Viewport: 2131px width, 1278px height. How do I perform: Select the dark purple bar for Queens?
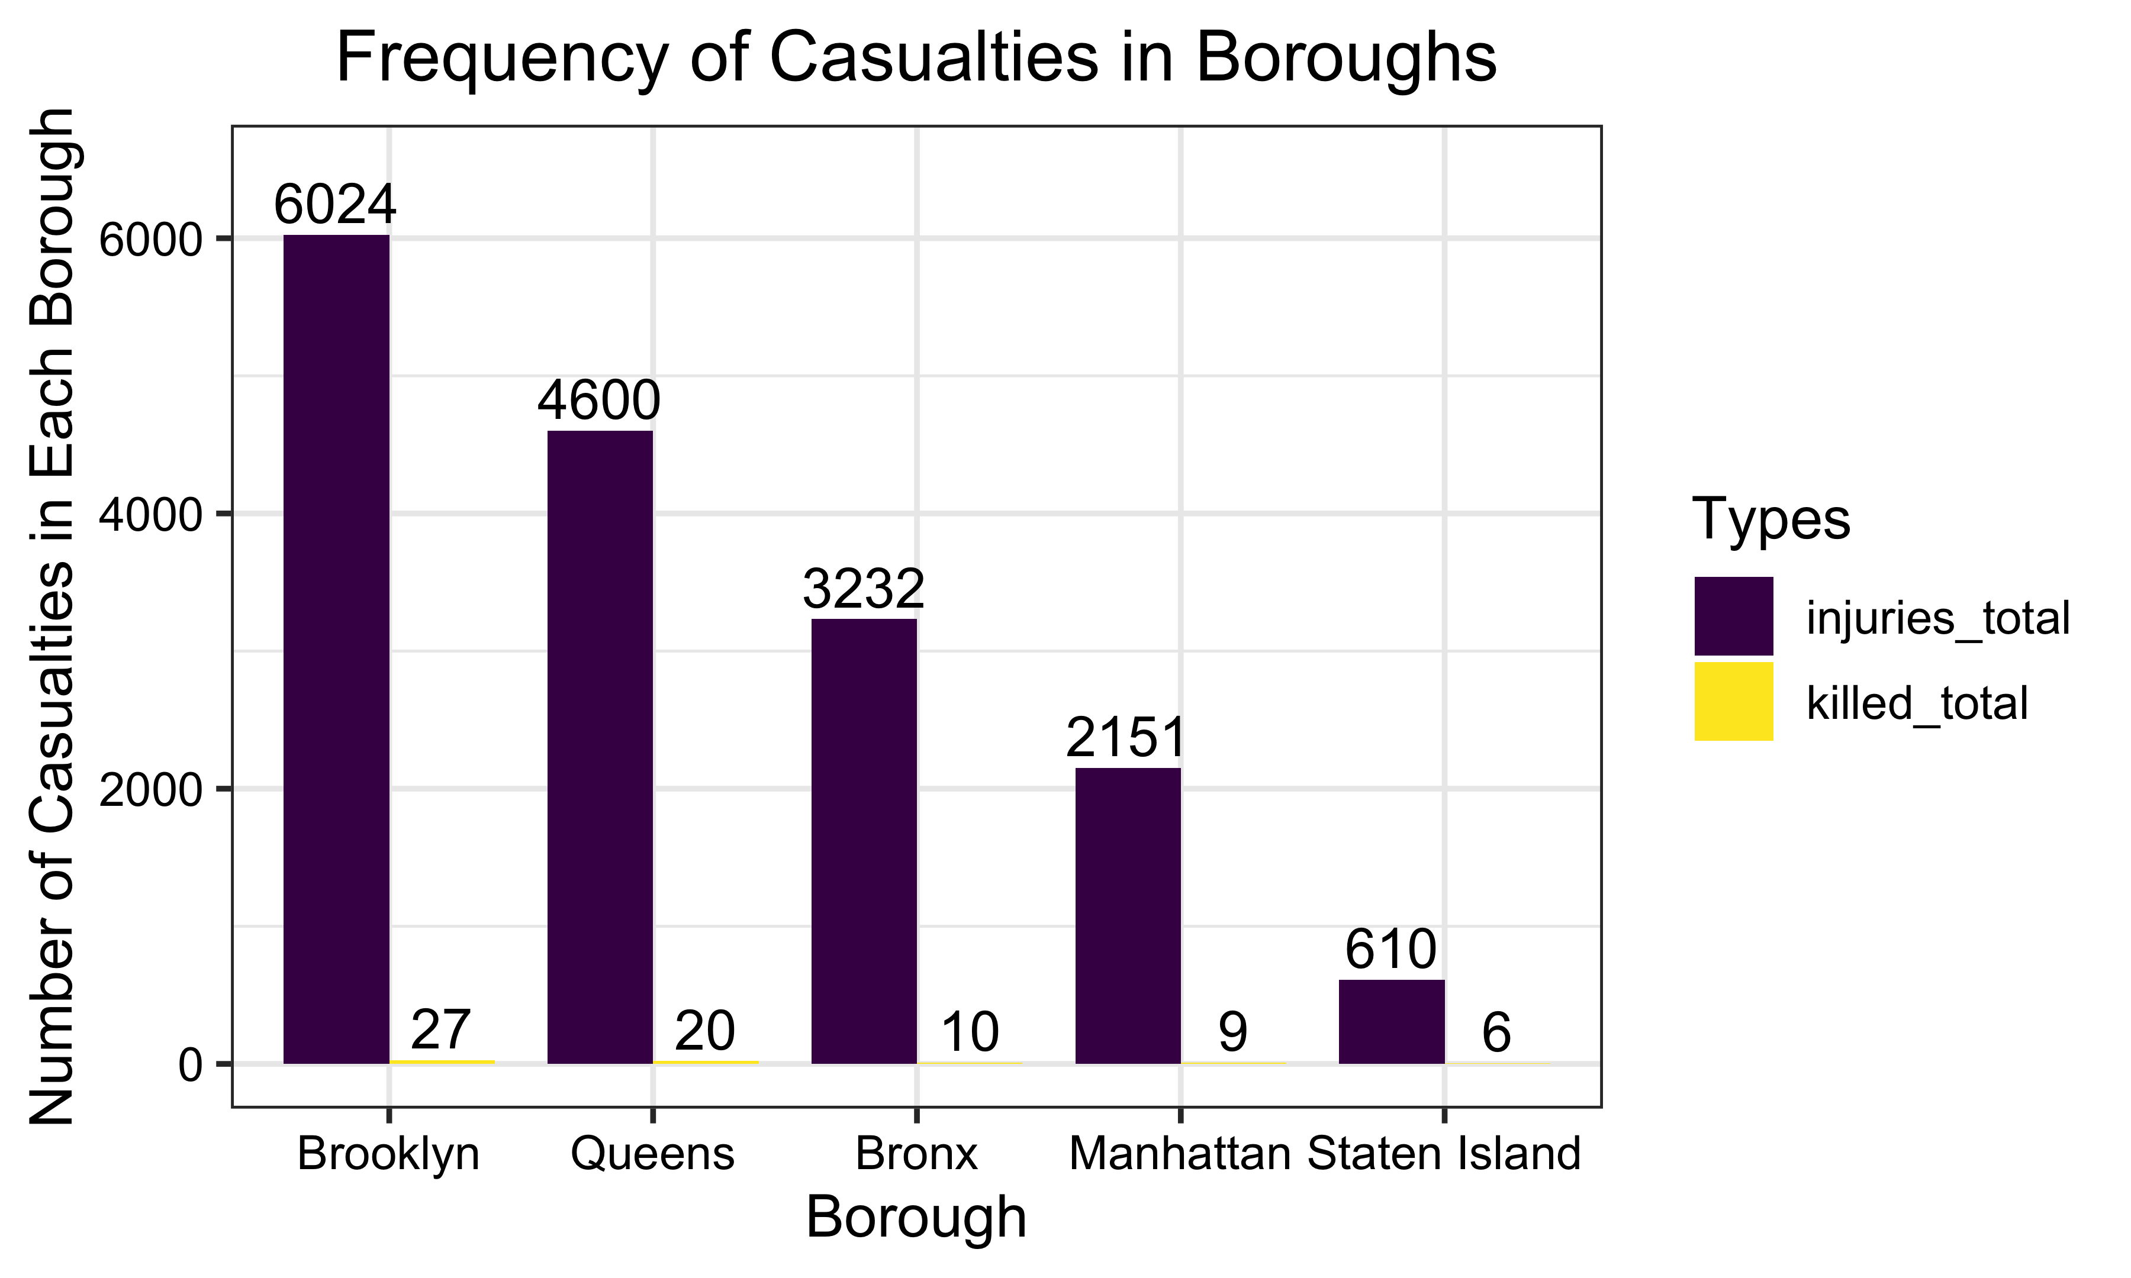point(600,747)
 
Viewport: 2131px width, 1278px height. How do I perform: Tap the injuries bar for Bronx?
point(863,841)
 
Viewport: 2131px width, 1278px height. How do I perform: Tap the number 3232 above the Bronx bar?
point(863,589)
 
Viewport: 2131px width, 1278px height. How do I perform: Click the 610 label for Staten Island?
point(1390,950)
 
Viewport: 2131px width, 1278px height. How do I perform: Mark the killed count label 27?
point(440,1030)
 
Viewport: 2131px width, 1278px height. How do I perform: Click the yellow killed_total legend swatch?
point(1733,702)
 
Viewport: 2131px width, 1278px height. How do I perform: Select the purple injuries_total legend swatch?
point(1733,617)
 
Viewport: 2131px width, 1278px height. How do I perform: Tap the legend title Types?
point(1771,519)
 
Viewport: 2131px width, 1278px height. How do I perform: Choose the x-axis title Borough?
point(916,1218)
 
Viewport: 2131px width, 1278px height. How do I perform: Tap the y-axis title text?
point(53,617)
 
